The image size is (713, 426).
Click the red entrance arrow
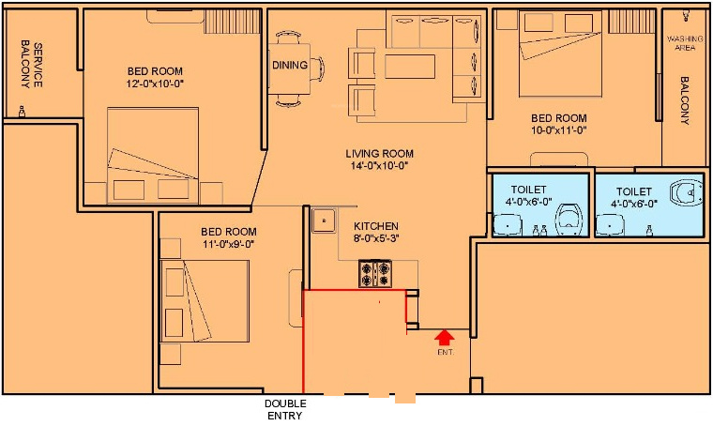tap(445, 337)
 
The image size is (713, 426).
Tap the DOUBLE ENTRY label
tap(285, 409)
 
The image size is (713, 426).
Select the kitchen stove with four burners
tap(375, 273)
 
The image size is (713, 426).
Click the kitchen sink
tap(324, 221)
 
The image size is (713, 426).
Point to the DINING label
tap(290, 65)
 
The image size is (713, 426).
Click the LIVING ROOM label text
tap(379, 154)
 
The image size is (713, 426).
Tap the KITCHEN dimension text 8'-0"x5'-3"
tap(376, 238)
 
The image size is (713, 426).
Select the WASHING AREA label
tap(685, 43)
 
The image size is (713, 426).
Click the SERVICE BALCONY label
tap(31, 65)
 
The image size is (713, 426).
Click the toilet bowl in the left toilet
tap(569, 220)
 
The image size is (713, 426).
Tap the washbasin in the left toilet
tap(508, 224)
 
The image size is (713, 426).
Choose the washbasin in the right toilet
tap(610, 225)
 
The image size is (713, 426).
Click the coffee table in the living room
tap(410, 67)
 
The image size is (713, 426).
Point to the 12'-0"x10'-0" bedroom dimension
tap(155, 84)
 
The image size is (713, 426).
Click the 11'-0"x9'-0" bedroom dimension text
tap(229, 244)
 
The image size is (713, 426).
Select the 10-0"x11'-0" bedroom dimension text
tap(559, 130)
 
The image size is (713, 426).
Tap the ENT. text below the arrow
tap(446, 352)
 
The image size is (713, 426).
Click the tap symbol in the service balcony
tap(22, 112)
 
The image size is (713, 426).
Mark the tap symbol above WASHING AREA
tap(686, 16)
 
